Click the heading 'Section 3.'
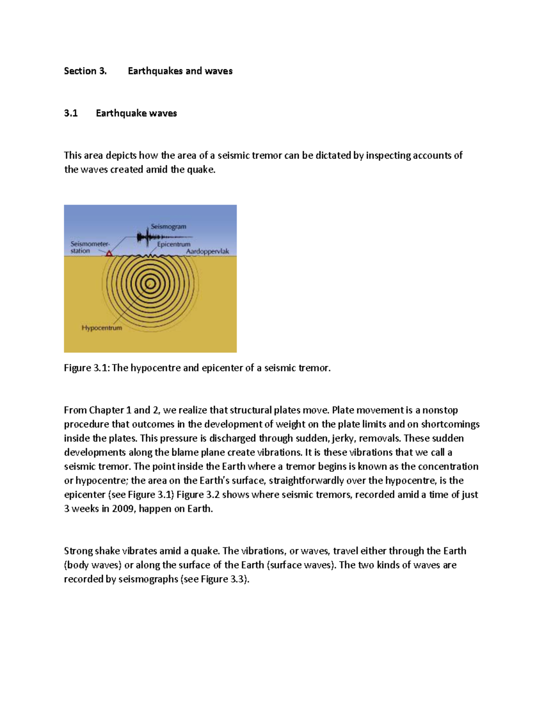(85, 71)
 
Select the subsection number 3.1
(71, 113)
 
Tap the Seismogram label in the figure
(168, 227)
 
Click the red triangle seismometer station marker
(109, 253)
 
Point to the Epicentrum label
(174, 244)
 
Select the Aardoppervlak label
(208, 252)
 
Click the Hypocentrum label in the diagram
(102, 328)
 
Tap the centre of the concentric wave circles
(150, 284)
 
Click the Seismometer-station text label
(89, 247)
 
